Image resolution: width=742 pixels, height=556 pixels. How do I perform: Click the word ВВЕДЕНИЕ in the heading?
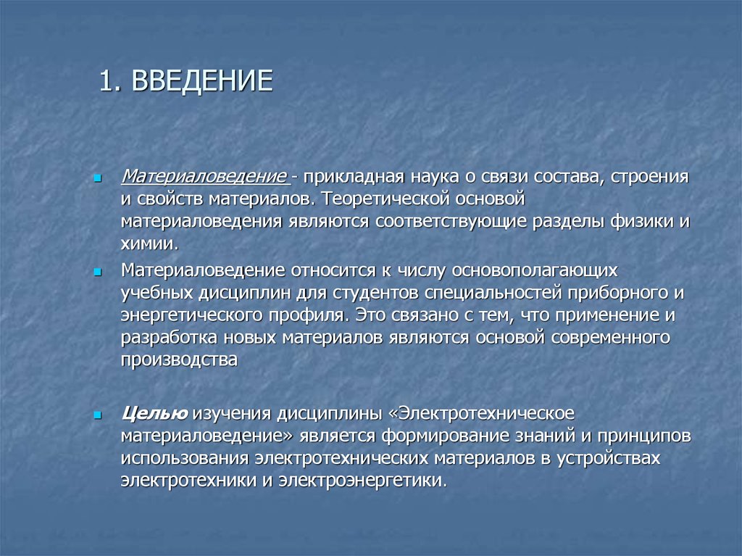pyautogui.click(x=201, y=81)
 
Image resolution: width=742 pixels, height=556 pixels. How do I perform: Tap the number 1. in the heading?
pyautogui.click(x=109, y=81)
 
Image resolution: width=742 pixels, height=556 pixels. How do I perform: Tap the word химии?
pyautogui.click(x=147, y=243)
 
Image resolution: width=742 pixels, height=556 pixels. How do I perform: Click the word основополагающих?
pyautogui.click(x=535, y=270)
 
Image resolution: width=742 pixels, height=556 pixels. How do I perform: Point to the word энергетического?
pyautogui.click(x=191, y=315)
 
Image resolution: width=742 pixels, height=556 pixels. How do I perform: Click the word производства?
pyautogui.click(x=179, y=360)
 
